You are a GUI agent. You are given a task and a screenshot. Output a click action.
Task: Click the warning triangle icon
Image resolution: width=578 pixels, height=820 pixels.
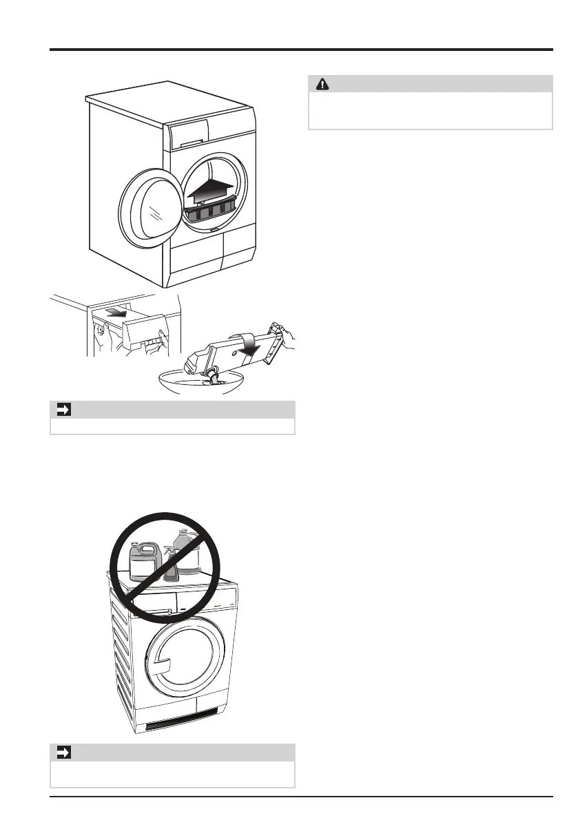tap(322, 84)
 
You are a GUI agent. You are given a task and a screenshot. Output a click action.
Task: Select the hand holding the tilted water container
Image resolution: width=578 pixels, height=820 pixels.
tap(285, 339)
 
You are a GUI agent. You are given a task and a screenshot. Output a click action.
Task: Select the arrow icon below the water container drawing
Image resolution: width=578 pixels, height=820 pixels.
tap(61, 410)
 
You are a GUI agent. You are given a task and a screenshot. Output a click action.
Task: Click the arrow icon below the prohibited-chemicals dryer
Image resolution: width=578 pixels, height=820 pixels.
tap(61, 753)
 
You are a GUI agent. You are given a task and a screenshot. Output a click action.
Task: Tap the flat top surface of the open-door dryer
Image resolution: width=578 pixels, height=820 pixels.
tap(169, 103)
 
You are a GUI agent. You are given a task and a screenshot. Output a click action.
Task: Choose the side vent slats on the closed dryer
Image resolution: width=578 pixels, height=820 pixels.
tap(124, 654)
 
